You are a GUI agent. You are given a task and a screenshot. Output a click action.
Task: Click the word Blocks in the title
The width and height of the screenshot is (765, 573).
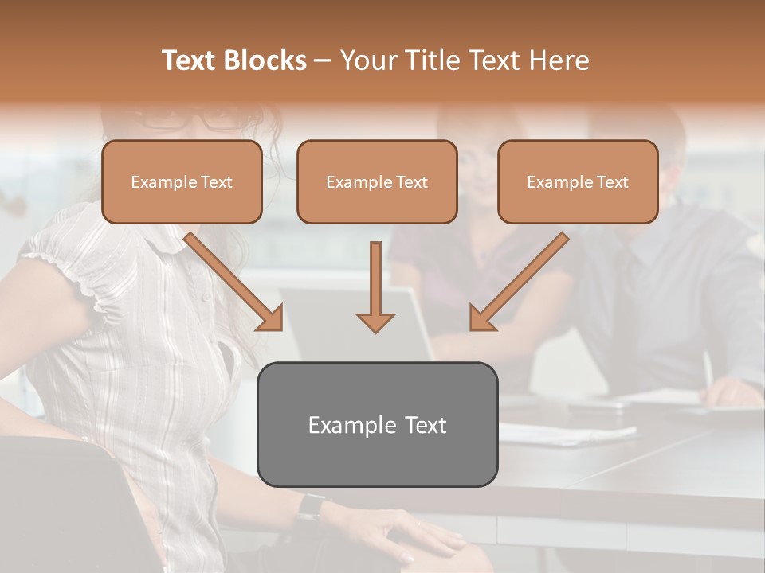point(266,60)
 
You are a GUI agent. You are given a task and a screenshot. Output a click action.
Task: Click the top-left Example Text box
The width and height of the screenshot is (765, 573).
point(182,182)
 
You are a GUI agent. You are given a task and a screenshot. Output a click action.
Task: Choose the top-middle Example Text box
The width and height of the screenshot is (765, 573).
point(377,182)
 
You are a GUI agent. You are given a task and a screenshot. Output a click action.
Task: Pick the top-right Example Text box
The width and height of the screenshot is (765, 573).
point(578,182)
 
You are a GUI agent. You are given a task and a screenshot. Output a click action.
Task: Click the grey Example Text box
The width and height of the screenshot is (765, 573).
point(377,425)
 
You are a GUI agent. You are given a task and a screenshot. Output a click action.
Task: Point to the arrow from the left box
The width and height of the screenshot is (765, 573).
point(235,283)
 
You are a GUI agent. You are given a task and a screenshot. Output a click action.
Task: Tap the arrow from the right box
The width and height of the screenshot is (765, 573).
point(518,283)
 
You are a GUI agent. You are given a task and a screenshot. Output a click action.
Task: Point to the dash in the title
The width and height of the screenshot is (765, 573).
point(324,60)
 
